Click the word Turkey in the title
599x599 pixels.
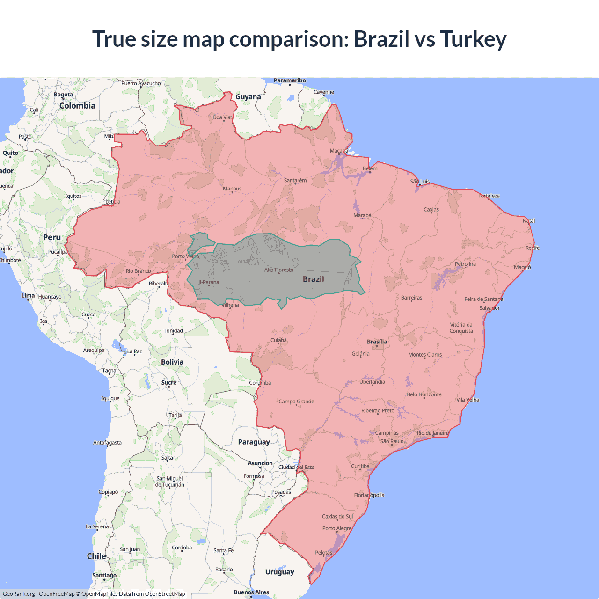pos(473,39)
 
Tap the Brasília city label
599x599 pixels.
pos(377,342)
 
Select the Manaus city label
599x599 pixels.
pos(232,189)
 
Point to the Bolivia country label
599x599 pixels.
pos(172,362)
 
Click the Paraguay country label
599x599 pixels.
pos(254,442)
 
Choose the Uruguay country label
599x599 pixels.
pos(279,572)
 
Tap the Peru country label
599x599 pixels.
pos(52,237)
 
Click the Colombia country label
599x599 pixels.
pos(77,106)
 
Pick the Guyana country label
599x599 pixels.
pos(248,97)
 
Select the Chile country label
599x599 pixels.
pos(96,556)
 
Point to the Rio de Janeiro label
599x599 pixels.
pos(432,433)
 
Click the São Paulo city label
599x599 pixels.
pos(392,441)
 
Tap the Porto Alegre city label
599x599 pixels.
pos(336,528)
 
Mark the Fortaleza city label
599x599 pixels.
pos(489,196)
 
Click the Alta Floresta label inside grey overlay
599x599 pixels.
pos(278,270)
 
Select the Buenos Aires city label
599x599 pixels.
pos(251,592)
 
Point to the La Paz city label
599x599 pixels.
pos(134,351)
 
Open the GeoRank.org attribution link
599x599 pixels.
pos(19,594)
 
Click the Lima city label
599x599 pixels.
pos(28,296)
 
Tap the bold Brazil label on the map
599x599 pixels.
pos(313,279)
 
